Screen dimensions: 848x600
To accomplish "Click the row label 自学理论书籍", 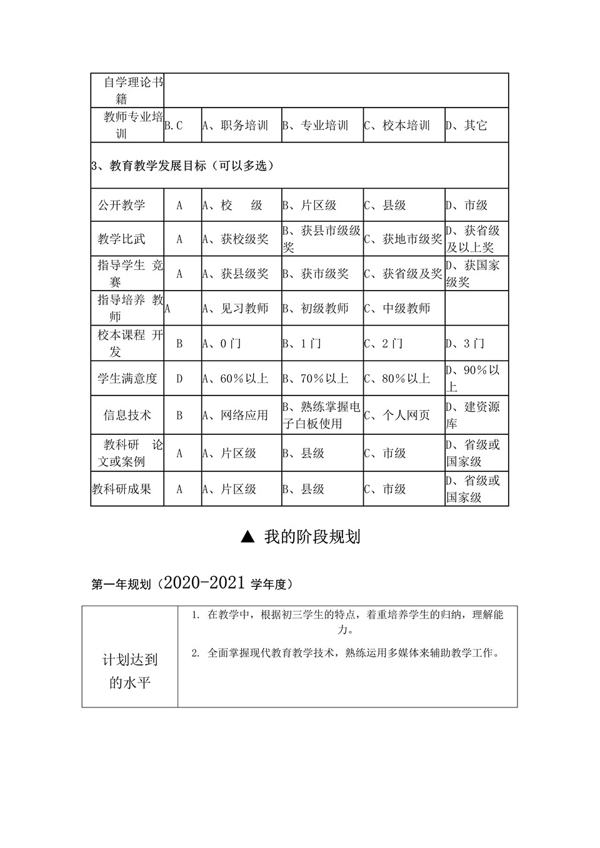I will (127, 90).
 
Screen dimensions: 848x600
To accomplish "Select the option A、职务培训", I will (236, 126).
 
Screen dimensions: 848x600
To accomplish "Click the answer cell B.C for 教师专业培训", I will (174, 126).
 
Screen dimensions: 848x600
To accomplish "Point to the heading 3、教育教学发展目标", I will (182, 166).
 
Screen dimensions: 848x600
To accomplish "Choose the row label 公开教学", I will (122, 205).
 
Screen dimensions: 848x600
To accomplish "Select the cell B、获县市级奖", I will (321, 239).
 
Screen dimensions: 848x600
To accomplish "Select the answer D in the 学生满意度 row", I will (180, 379).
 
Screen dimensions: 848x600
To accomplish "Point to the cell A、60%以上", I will (236, 379).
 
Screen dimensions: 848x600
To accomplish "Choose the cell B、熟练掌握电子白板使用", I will (321, 415).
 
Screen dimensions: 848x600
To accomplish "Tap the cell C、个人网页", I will (397, 415).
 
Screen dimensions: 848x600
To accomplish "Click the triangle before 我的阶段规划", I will (247, 537).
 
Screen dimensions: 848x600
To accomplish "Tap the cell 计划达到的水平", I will (130, 671).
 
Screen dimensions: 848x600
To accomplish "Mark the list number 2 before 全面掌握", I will (195, 654).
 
